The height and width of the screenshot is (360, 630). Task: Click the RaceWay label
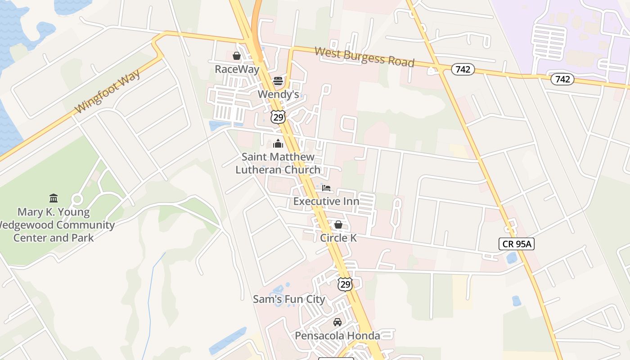(237, 69)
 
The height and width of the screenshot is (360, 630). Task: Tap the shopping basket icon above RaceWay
(236, 56)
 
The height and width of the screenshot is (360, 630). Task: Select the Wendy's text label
(278, 94)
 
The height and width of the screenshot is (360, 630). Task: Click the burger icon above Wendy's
(278, 81)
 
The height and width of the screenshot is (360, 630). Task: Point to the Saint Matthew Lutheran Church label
(278, 163)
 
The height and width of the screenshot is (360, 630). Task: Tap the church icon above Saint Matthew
(278, 144)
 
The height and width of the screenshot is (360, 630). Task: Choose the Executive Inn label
(326, 201)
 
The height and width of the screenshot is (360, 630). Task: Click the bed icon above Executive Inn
(326, 188)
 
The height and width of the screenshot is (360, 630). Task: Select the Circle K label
(338, 238)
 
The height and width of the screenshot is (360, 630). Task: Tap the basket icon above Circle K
(338, 224)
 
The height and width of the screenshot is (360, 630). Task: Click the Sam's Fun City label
(289, 299)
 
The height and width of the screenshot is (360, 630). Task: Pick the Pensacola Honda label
(337, 336)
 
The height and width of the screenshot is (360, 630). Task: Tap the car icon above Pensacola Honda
(337, 322)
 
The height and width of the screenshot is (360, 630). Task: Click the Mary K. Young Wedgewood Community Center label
(54, 225)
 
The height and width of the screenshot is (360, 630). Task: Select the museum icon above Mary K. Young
(54, 198)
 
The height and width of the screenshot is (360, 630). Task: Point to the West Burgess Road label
(364, 57)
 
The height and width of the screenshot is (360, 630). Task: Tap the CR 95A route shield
(516, 244)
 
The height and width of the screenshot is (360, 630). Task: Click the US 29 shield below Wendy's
(278, 117)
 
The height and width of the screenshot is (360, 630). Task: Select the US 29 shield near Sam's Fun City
(345, 284)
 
